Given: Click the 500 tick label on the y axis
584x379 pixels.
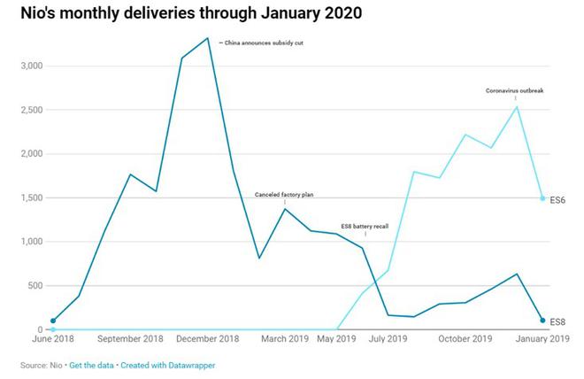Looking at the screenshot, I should pyautogui.click(x=34, y=285).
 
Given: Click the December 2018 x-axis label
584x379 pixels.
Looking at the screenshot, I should pyautogui.click(x=208, y=339).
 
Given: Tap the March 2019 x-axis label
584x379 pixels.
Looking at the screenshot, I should pyautogui.click(x=285, y=339).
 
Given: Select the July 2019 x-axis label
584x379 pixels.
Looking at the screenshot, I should pyautogui.click(x=387, y=339).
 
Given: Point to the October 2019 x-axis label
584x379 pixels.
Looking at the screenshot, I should pyautogui.click(x=465, y=339).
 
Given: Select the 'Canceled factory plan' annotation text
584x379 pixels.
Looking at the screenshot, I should pyautogui.click(x=284, y=194).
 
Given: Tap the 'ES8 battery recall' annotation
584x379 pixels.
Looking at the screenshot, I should pyautogui.click(x=365, y=226).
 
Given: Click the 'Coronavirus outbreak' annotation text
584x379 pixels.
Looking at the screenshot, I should pyautogui.click(x=516, y=90).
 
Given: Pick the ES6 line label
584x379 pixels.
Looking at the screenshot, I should pyautogui.click(x=557, y=200).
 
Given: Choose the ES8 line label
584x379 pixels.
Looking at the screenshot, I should pyautogui.click(x=557, y=321).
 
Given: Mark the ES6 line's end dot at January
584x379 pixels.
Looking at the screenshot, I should pyautogui.click(x=542, y=198).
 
